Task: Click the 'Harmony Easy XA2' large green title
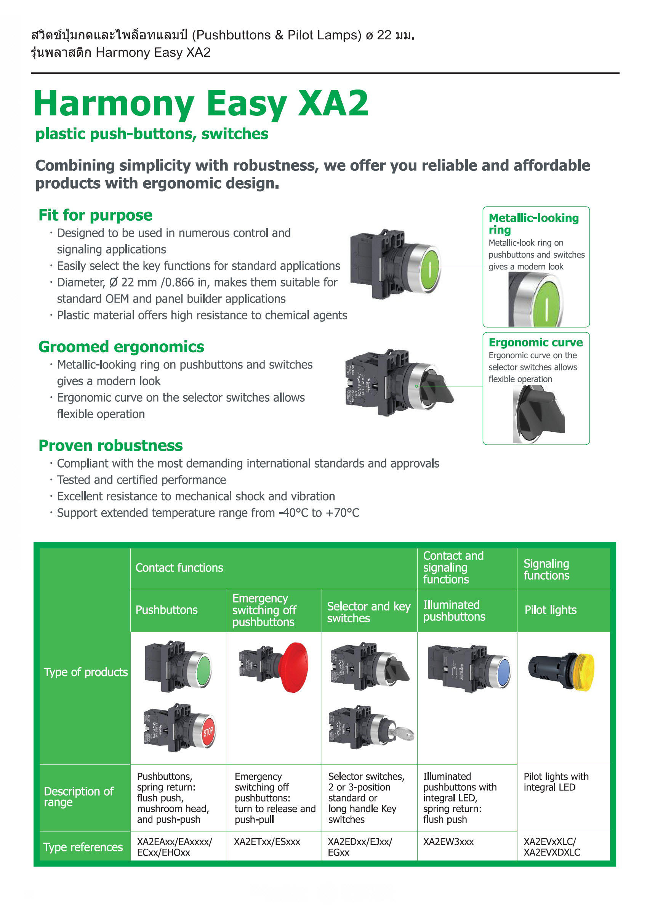pos(201,104)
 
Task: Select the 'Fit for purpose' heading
pos(96,215)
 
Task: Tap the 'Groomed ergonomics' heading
pos(121,347)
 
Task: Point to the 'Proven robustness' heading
pos(111,445)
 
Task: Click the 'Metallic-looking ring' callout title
pos(533,224)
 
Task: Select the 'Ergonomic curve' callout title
pos(535,342)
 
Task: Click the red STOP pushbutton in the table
pos(208,732)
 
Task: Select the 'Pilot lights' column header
pos(550,610)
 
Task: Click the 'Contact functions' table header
pos(179,567)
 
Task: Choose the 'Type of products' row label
pos(86,672)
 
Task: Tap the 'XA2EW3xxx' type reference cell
pos(448,842)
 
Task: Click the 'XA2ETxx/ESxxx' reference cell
pos(267,842)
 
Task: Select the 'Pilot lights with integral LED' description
pos(556,782)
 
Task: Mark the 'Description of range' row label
pos(78,796)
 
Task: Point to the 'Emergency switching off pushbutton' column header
pos(264,610)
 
